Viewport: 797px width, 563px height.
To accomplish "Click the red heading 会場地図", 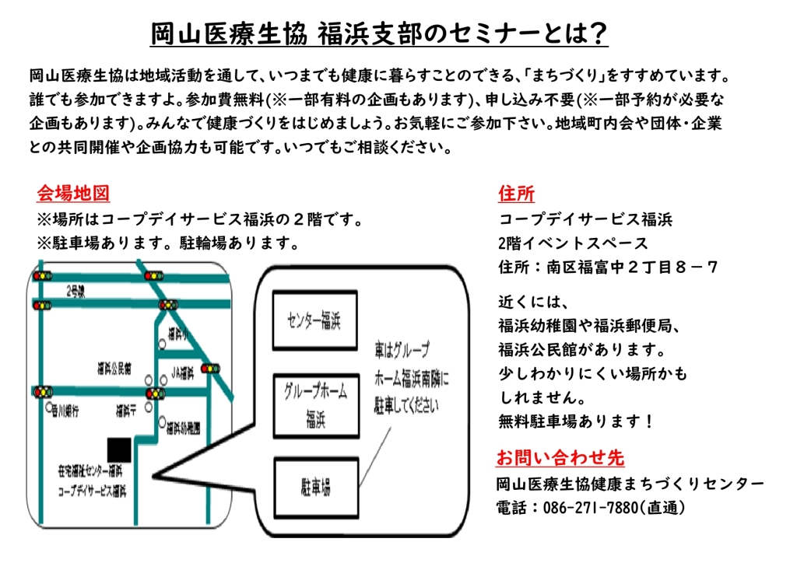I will click(73, 193).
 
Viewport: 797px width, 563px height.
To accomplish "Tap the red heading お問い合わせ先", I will click(560, 457).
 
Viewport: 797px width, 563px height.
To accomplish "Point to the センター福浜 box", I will click(314, 320).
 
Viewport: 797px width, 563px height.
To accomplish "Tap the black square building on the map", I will click(119, 449).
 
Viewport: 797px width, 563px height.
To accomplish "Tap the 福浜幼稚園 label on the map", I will click(184, 427).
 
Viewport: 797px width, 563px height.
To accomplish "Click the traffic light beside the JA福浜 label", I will click(210, 368).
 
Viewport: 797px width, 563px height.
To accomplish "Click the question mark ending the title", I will click(598, 34).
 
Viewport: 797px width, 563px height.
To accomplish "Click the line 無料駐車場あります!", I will click(576, 421).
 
